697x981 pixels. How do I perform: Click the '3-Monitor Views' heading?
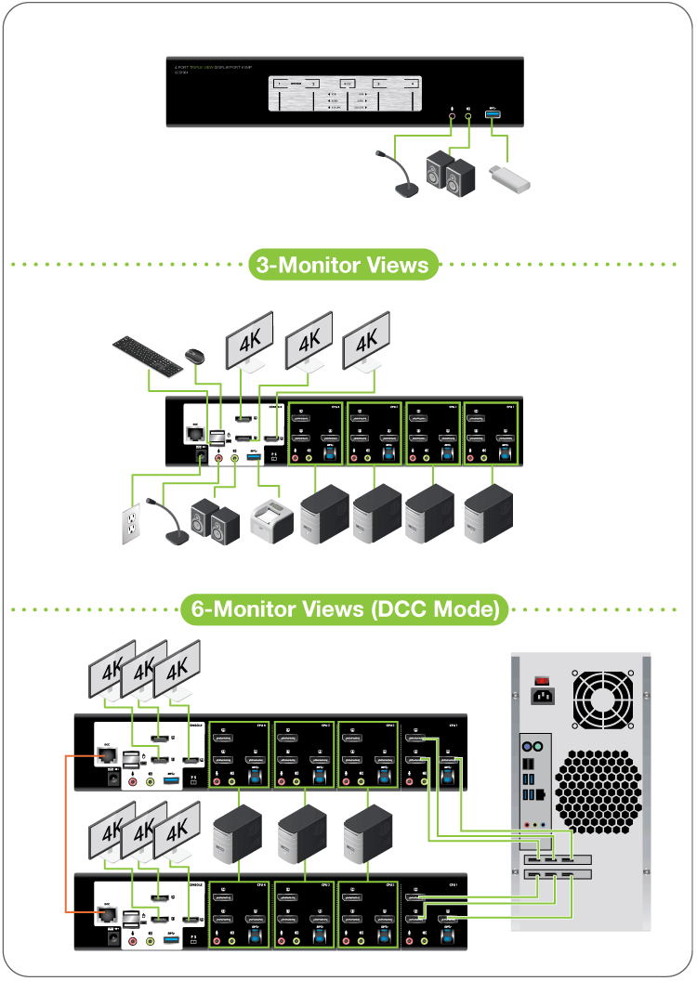tap(343, 265)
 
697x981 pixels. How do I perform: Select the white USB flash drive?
tap(508, 177)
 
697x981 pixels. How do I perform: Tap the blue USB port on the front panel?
tap(493, 113)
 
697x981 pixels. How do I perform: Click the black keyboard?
tap(148, 355)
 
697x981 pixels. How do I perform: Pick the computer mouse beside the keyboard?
tap(194, 355)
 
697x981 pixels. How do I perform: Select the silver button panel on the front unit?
tap(345, 94)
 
